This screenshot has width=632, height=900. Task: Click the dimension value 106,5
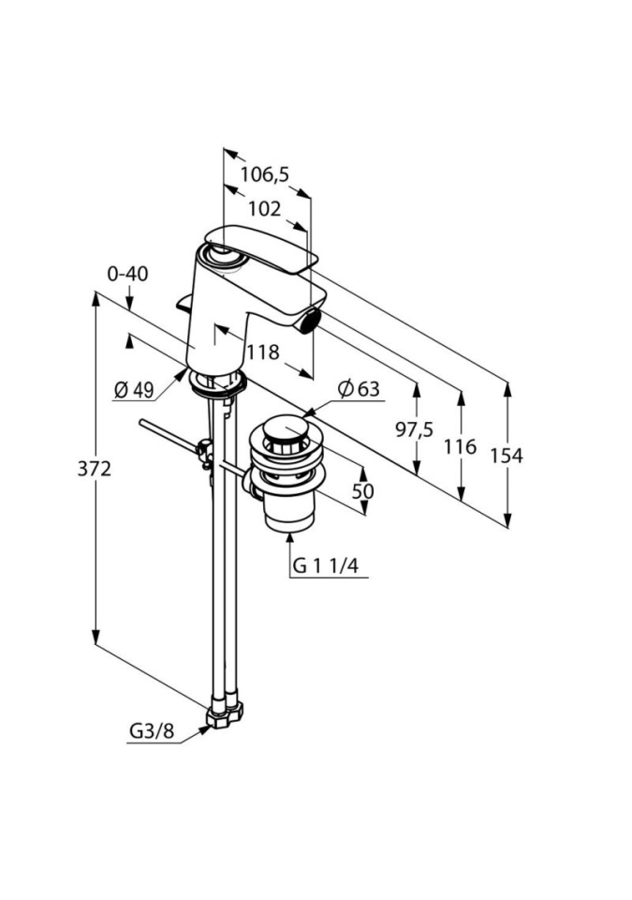(x=263, y=173)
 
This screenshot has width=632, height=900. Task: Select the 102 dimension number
(x=264, y=209)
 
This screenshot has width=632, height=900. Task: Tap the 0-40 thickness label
(x=127, y=274)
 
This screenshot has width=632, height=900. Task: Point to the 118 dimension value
(x=263, y=352)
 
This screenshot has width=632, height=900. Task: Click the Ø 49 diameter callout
(x=134, y=390)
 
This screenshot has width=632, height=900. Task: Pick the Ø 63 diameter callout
(x=360, y=388)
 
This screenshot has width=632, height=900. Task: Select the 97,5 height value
(x=414, y=429)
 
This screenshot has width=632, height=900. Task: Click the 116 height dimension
(x=461, y=447)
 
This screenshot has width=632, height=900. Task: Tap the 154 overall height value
(x=507, y=456)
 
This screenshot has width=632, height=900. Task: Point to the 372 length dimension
(x=95, y=469)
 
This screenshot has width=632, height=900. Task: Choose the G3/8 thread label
(x=151, y=731)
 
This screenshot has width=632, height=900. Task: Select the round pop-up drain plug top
(x=283, y=433)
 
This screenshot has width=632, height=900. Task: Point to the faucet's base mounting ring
(x=216, y=382)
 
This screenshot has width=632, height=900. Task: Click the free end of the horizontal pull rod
(x=142, y=424)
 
